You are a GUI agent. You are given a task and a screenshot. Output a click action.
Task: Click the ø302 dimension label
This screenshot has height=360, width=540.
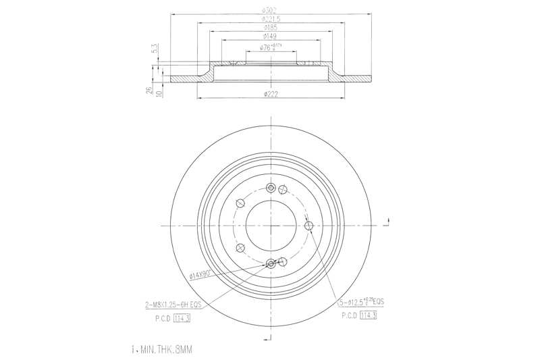pyautogui.click(x=271, y=10)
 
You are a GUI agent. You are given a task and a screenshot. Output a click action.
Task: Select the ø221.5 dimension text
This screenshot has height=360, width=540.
pyautogui.click(x=271, y=19)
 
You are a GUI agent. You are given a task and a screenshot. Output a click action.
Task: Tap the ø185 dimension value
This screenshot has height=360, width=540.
pyautogui.click(x=271, y=28)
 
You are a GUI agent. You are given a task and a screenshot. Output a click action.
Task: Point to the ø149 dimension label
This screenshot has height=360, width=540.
pyautogui.click(x=271, y=36)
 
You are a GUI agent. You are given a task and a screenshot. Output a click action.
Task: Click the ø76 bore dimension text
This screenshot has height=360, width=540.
pyautogui.click(x=270, y=47)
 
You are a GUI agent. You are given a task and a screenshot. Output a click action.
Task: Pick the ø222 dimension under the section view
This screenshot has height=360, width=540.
pyautogui.click(x=271, y=93)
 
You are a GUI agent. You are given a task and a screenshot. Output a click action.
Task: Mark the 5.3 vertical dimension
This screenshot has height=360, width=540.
pyautogui.click(x=155, y=49)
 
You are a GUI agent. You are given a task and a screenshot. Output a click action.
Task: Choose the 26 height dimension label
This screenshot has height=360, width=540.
pyautogui.click(x=149, y=91)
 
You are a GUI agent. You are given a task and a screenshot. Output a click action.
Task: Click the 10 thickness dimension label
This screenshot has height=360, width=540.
pyautogui.click(x=159, y=91)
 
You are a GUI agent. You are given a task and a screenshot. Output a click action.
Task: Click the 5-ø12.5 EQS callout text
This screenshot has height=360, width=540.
pyautogui.click(x=367, y=303)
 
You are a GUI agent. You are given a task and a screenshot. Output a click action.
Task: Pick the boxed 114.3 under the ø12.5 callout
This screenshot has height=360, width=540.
pyautogui.click(x=369, y=315)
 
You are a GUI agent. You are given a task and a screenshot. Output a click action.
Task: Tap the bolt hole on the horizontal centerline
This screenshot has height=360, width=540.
pyautogui.click(x=309, y=226)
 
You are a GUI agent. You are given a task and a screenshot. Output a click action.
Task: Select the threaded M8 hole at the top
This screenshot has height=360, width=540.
pyautogui.click(x=271, y=188)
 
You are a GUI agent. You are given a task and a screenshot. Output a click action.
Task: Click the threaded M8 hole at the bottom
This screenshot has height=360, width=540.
pyautogui.click(x=271, y=263)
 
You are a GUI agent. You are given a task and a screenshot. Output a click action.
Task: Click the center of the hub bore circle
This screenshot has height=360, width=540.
pyautogui.click(x=271, y=226)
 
